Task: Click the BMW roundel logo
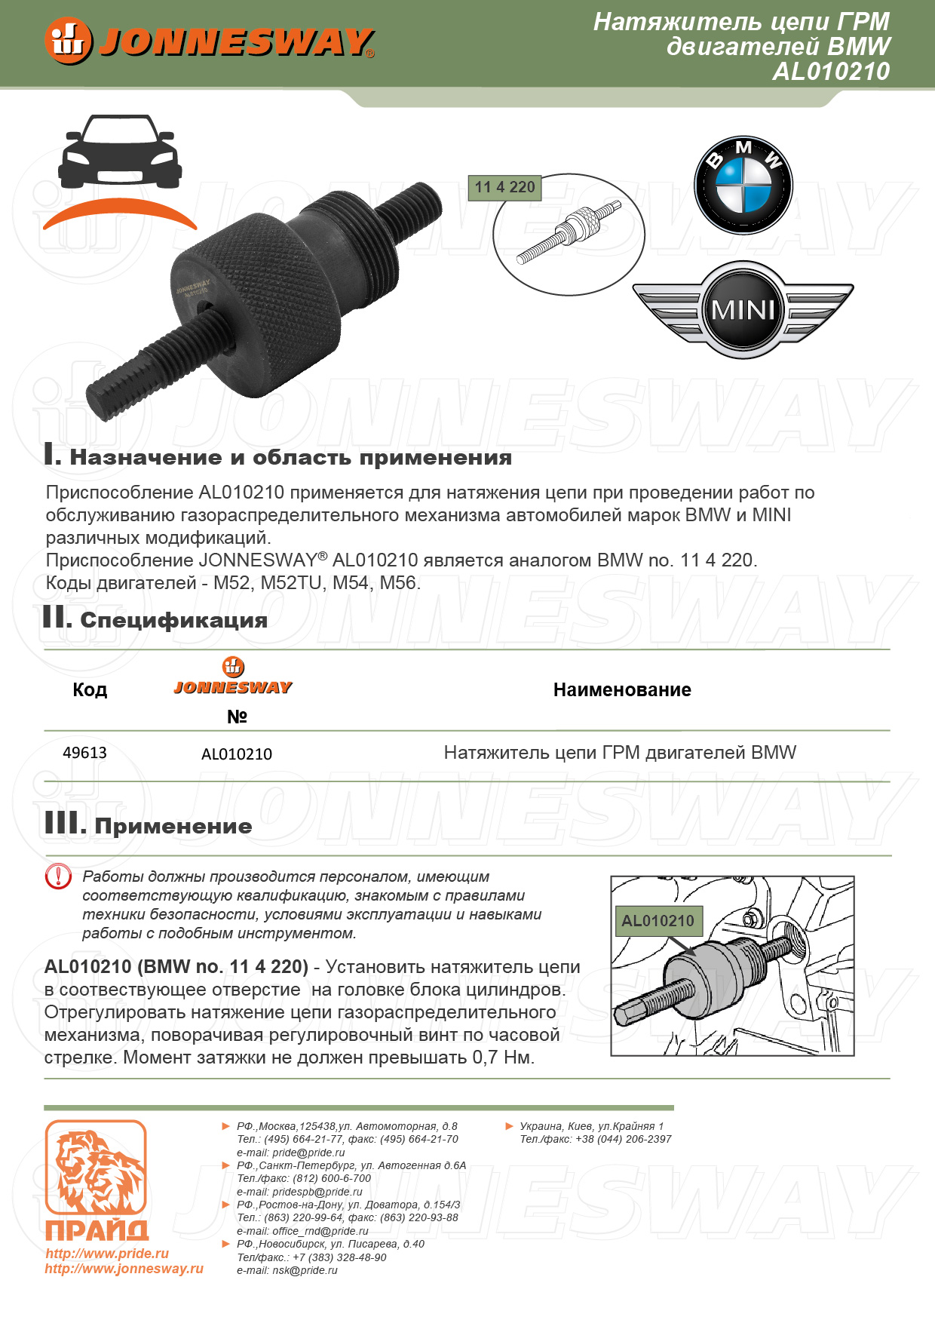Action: tap(743, 186)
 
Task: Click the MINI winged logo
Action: tap(743, 309)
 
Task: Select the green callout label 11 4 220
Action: tap(504, 187)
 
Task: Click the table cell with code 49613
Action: tap(84, 753)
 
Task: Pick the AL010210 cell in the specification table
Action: tap(237, 754)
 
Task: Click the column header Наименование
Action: tap(622, 689)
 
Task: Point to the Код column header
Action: tap(90, 689)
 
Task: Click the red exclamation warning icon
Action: tap(58, 876)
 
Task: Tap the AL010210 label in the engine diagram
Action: tap(658, 920)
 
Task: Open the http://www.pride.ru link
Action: tap(107, 1254)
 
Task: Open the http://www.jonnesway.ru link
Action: tap(124, 1269)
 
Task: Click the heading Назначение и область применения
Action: tap(290, 458)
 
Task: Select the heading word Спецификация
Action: tap(173, 621)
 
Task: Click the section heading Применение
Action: tap(173, 827)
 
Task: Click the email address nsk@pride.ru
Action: tap(305, 1270)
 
